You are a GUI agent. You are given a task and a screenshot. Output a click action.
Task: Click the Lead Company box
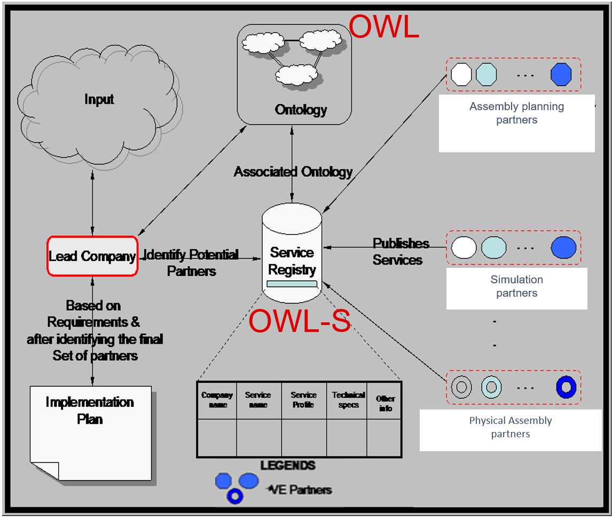92,256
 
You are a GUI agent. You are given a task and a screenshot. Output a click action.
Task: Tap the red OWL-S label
300,321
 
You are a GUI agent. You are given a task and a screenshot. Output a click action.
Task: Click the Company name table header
217,400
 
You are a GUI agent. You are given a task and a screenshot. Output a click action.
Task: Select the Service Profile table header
303,400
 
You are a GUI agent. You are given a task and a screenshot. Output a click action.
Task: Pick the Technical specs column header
348,400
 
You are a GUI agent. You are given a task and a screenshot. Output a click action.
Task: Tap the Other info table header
385,404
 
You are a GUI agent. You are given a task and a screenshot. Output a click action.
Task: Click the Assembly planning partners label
516,113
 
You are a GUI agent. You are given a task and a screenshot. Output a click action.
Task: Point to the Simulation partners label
516,286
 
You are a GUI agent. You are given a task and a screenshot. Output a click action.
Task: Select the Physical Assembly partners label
511,427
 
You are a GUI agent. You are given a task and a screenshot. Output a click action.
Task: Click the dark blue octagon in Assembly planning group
561,74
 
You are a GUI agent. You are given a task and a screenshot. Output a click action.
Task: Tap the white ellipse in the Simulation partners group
464,248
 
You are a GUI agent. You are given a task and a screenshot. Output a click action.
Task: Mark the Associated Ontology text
293,172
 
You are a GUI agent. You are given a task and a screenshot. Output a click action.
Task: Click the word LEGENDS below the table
288,466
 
